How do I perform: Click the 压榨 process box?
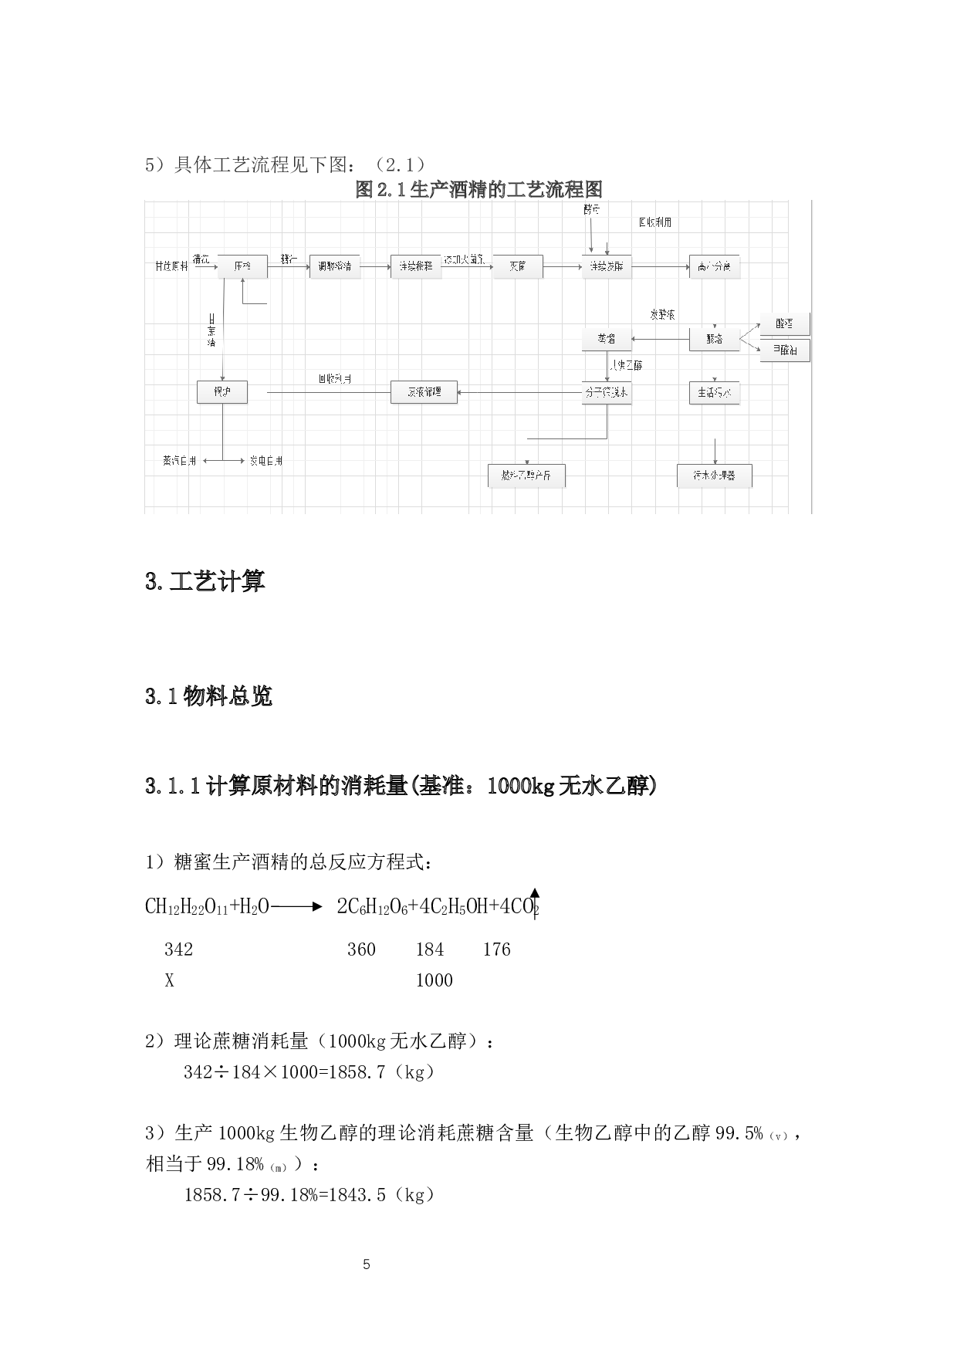pyautogui.click(x=242, y=266)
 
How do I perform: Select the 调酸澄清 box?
pyautogui.click(x=334, y=266)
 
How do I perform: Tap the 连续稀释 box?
pyautogui.click(x=415, y=266)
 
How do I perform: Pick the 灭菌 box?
pyautogui.click(x=517, y=266)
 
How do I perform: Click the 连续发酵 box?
pyautogui.click(x=607, y=266)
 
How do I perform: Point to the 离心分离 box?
pyautogui.click(x=714, y=266)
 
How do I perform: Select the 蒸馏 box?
pyautogui.click(x=607, y=339)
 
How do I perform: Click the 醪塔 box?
pyautogui.click(x=714, y=339)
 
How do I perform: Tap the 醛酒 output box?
pyautogui.click(x=784, y=323)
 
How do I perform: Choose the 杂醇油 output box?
pyautogui.click(x=784, y=350)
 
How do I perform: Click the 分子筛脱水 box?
pyautogui.click(x=607, y=392)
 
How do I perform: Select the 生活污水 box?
pyautogui.click(x=714, y=392)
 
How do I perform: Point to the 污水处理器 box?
pyautogui.click(x=714, y=476)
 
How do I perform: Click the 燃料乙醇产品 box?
pyautogui.click(x=526, y=476)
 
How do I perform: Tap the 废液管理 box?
pyautogui.click(x=424, y=392)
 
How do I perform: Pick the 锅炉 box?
pyautogui.click(x=222, y=392)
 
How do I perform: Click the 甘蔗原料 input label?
pyautogui.click(x=171, y=266)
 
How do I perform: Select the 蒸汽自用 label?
pyautogui.click(x=179, y=461)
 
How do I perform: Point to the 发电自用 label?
pyautogui.click(x=266, y=461)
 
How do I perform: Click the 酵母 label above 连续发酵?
pyautogui.click(x=591, y=210)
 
